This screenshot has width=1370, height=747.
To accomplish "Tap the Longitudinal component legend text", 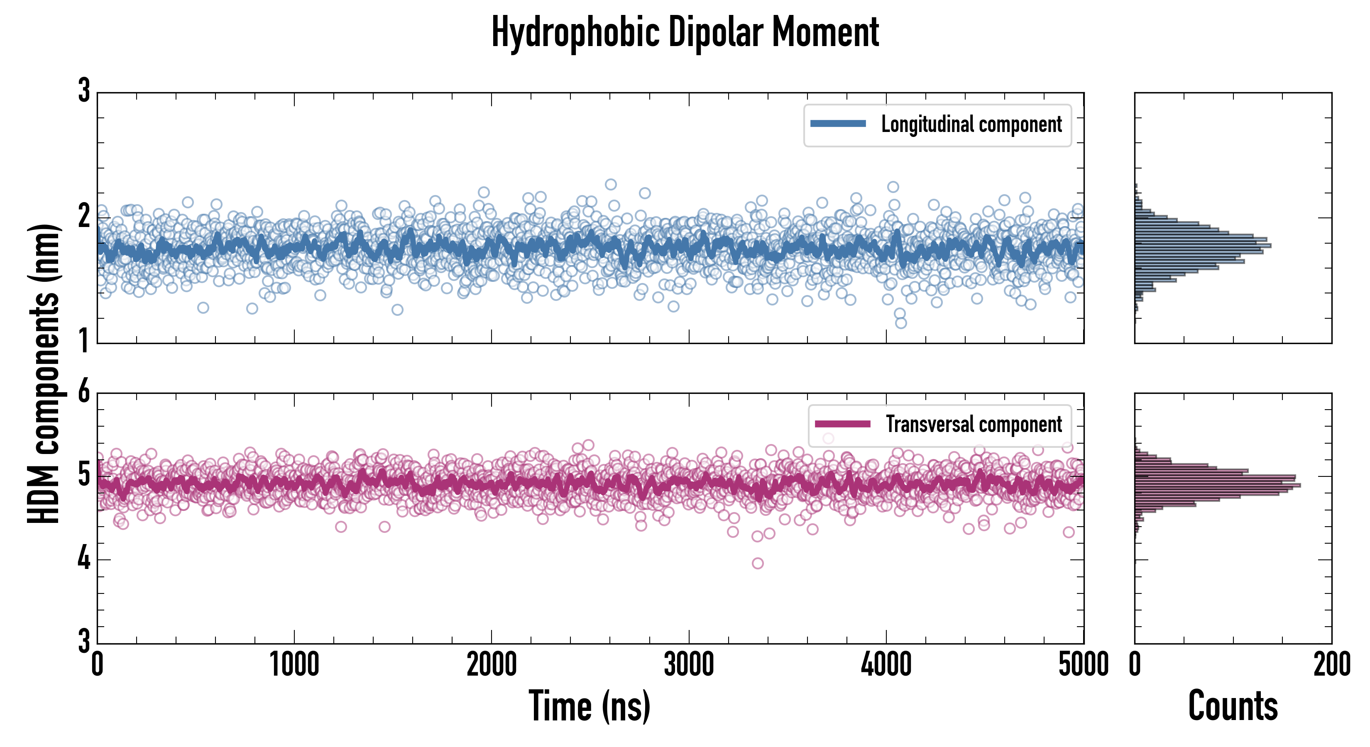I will [971, 124].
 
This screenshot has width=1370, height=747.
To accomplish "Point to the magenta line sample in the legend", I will [842, 424].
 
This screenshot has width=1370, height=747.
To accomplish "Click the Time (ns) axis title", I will [589, 705].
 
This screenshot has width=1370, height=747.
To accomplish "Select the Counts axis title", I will [1233, 705].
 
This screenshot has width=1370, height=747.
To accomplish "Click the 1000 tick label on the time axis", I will [294, 664].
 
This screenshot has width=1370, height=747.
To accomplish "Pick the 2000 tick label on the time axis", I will [492, 664].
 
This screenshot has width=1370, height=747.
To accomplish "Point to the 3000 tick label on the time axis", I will [689, 664].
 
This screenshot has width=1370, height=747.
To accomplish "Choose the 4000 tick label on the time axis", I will [886, 664].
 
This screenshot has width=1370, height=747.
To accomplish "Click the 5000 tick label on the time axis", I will [1084, 664].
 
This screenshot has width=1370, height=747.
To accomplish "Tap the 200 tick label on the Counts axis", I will [1331, 664].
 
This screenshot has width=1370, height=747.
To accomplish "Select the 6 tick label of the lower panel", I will [84, 392].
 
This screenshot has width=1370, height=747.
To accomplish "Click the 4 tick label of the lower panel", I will [84, 559].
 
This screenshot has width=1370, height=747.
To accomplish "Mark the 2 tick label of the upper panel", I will [84, 216].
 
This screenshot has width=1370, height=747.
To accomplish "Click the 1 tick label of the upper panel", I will [84, 340].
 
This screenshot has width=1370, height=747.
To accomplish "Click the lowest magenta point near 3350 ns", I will [758, 563].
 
